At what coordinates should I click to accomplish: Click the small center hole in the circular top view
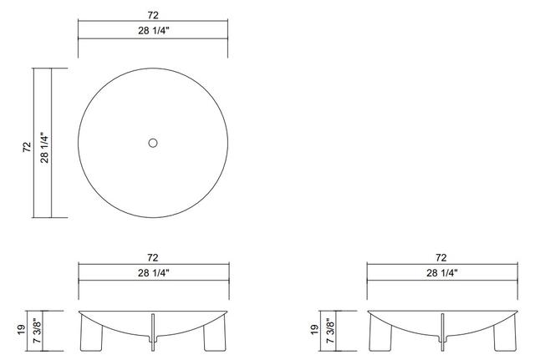(x=153, y=143)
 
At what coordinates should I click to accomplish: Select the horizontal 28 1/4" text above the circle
(x=153, y=32)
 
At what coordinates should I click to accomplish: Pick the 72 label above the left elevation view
(x=153, y=258)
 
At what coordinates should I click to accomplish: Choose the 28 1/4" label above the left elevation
(x=153, y=273)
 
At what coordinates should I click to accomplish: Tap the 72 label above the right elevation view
(x=441, y=258)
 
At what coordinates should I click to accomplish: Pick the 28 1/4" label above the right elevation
(x=441, y=273)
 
